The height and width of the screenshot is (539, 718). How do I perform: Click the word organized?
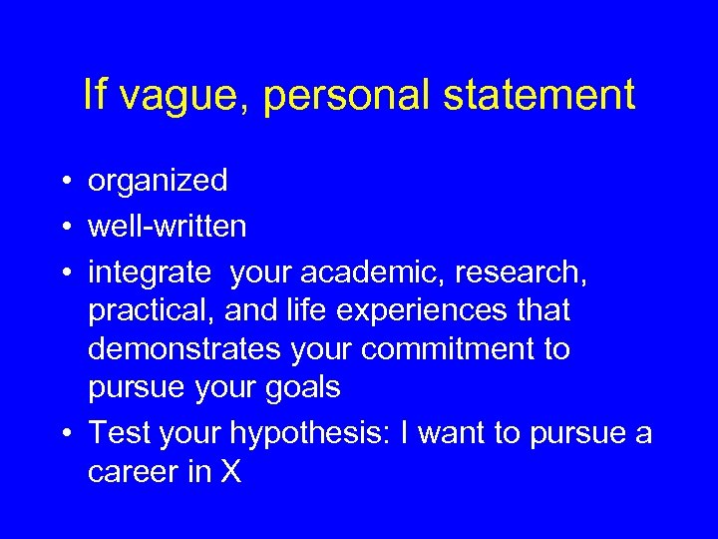[x=158, y=182]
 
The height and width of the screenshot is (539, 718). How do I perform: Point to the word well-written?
[x=167, y=227]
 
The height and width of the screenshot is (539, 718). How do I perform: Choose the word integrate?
[x=149, y=271]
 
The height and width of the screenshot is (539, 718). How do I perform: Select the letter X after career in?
[x=230, y=472]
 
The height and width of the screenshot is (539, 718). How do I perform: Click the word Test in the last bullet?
[x=118, y=433]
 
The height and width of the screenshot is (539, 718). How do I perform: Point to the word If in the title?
[x=96, y=96]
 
